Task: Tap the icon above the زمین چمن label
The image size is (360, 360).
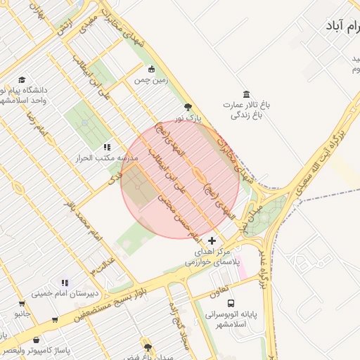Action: point(151,69)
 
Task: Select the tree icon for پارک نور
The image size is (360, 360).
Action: point(188,107)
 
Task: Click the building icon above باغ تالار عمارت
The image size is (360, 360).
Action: point(246,94)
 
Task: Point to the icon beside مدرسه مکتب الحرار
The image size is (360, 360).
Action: point(107,147)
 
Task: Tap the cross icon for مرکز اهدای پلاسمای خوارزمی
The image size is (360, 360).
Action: point(212,240)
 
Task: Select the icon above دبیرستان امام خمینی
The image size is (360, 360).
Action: point(65,283)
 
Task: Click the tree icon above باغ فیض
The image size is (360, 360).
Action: point(147,347)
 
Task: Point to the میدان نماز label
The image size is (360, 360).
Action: point(246,214)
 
